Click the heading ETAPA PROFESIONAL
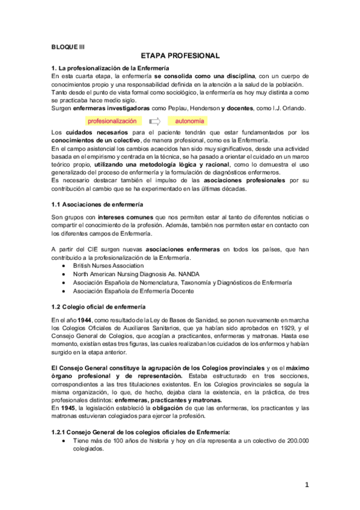[180, 55]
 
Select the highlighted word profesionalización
[112, 121]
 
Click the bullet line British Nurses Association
[108, 265]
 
